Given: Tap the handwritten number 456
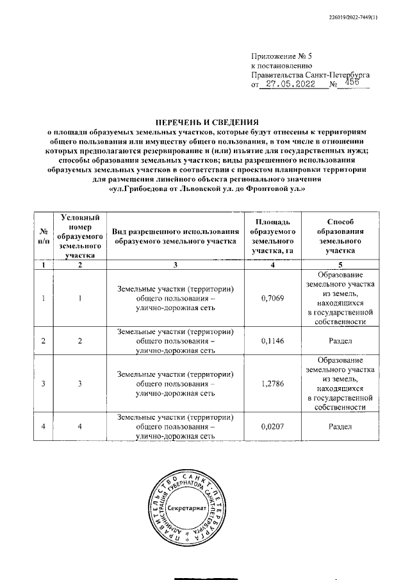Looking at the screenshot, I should pos(352,83).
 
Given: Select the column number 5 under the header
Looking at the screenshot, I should pos(340,265).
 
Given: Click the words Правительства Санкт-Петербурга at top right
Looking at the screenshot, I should pos(310,74).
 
